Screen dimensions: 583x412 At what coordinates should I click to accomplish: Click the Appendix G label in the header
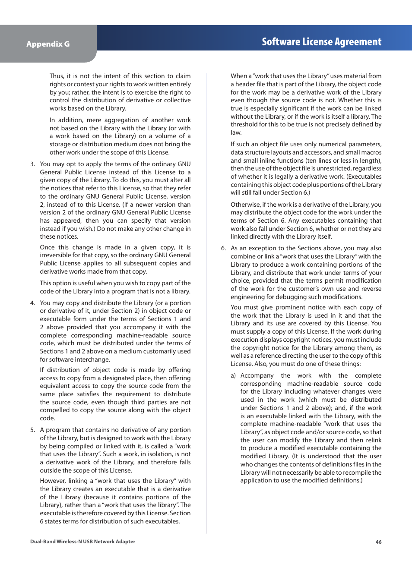(x=48, y=44)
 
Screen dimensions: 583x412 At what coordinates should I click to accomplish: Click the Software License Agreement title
(x=321, y=42)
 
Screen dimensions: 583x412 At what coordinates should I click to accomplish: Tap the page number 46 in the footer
(x=378, y=542)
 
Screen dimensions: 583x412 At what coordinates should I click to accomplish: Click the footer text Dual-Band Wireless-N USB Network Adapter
(x=82, y=542)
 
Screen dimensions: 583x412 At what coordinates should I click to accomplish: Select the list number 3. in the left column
(x=32, y=164)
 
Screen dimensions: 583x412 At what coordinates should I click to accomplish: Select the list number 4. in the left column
(x=32, y=303)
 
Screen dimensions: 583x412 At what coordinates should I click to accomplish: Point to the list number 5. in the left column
(x=32, y=430)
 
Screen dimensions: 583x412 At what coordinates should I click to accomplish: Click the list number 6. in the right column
(x=223, y=248)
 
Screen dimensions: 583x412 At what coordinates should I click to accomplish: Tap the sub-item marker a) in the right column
(x=233, y=375)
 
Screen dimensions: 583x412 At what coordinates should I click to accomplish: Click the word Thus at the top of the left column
(x=57, y=76)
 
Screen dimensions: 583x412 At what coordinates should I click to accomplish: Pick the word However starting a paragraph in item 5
(x=53, y=481)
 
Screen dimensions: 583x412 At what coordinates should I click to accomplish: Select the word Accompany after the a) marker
(x=257, y=375)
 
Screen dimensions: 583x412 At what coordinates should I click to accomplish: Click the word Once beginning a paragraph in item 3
(x=47, y=247)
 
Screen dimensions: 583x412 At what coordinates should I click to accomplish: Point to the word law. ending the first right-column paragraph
(x=236, y=132)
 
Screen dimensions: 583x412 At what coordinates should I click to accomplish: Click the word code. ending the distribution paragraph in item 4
(x=47, y=418)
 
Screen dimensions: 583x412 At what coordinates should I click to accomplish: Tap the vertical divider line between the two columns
(x=206, y=302)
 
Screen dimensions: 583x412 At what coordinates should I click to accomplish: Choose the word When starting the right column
(x=239, y=76)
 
